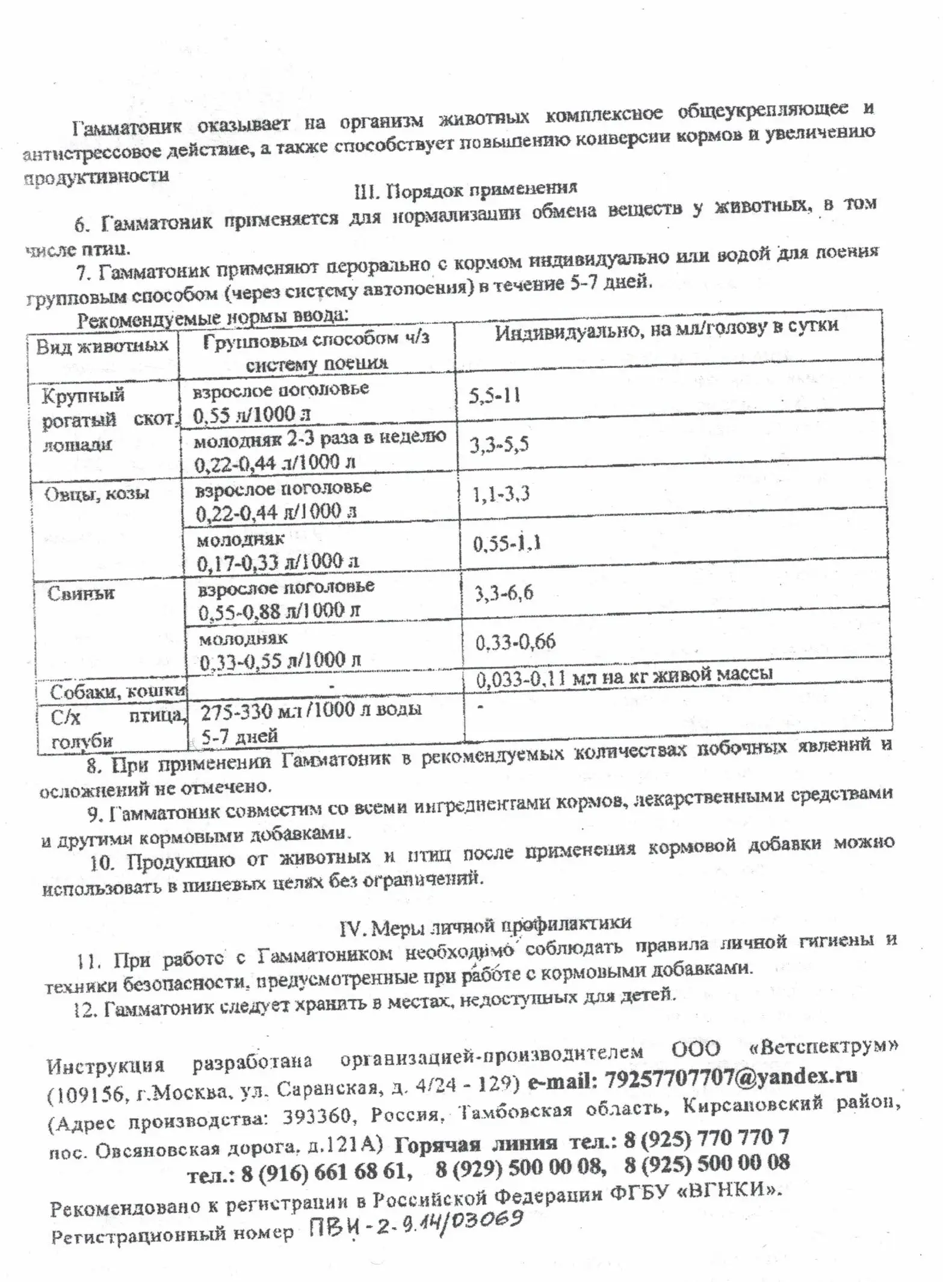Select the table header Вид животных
[x=102, y=347]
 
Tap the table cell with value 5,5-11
[x=495, y=395]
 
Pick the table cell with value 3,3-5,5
[x=499, y=445]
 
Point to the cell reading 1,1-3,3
[x=501, y=494]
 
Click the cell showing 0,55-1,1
[x=507, y=543]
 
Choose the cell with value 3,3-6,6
[x=504, y=593]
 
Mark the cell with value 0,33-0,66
[x=516, y=642]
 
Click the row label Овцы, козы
[x=97, y=494]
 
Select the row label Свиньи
[x=81, y=594]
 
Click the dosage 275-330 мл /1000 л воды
[x=311, y=710]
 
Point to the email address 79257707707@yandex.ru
[x=731, y=1076]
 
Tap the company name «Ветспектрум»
[x=823, y=1047]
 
